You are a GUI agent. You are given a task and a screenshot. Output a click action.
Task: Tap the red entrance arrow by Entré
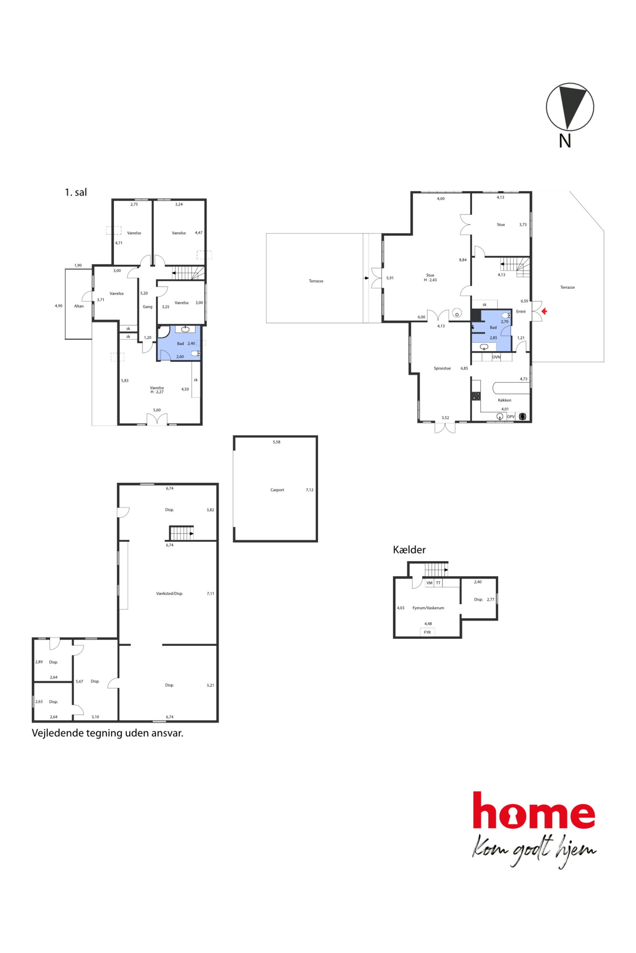tap(544, 311)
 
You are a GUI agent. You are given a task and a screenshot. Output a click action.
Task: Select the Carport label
tap(277, 490)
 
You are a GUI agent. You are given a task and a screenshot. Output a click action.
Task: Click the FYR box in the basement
tap(427, 632)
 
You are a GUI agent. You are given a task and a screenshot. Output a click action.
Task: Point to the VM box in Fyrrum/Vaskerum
tap(429, 583)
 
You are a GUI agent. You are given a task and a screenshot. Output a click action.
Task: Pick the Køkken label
tap(504, 400)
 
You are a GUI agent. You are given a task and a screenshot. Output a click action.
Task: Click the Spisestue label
tap(442, 368)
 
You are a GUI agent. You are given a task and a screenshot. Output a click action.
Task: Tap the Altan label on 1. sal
tap(79, 306)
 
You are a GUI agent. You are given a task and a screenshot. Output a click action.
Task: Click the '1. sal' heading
tap(76, 192)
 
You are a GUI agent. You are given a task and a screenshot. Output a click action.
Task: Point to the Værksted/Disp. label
tap(170, 593)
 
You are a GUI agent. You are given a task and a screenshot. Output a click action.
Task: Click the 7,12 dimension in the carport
tap(309, 490)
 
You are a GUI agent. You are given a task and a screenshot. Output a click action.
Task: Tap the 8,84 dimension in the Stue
tap(463, 260)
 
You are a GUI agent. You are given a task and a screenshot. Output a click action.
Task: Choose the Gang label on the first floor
tap(147, 307)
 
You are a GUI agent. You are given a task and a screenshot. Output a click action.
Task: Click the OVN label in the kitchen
tap(496, 357)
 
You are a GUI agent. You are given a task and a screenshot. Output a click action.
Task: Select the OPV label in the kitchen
tap(511, 417)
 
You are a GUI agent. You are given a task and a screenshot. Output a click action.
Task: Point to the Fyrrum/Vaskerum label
tap(428, 608)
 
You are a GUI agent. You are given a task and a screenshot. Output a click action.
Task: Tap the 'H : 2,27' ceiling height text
tap(157, 392)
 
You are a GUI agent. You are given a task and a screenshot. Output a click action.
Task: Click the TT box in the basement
tap(438, 583)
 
